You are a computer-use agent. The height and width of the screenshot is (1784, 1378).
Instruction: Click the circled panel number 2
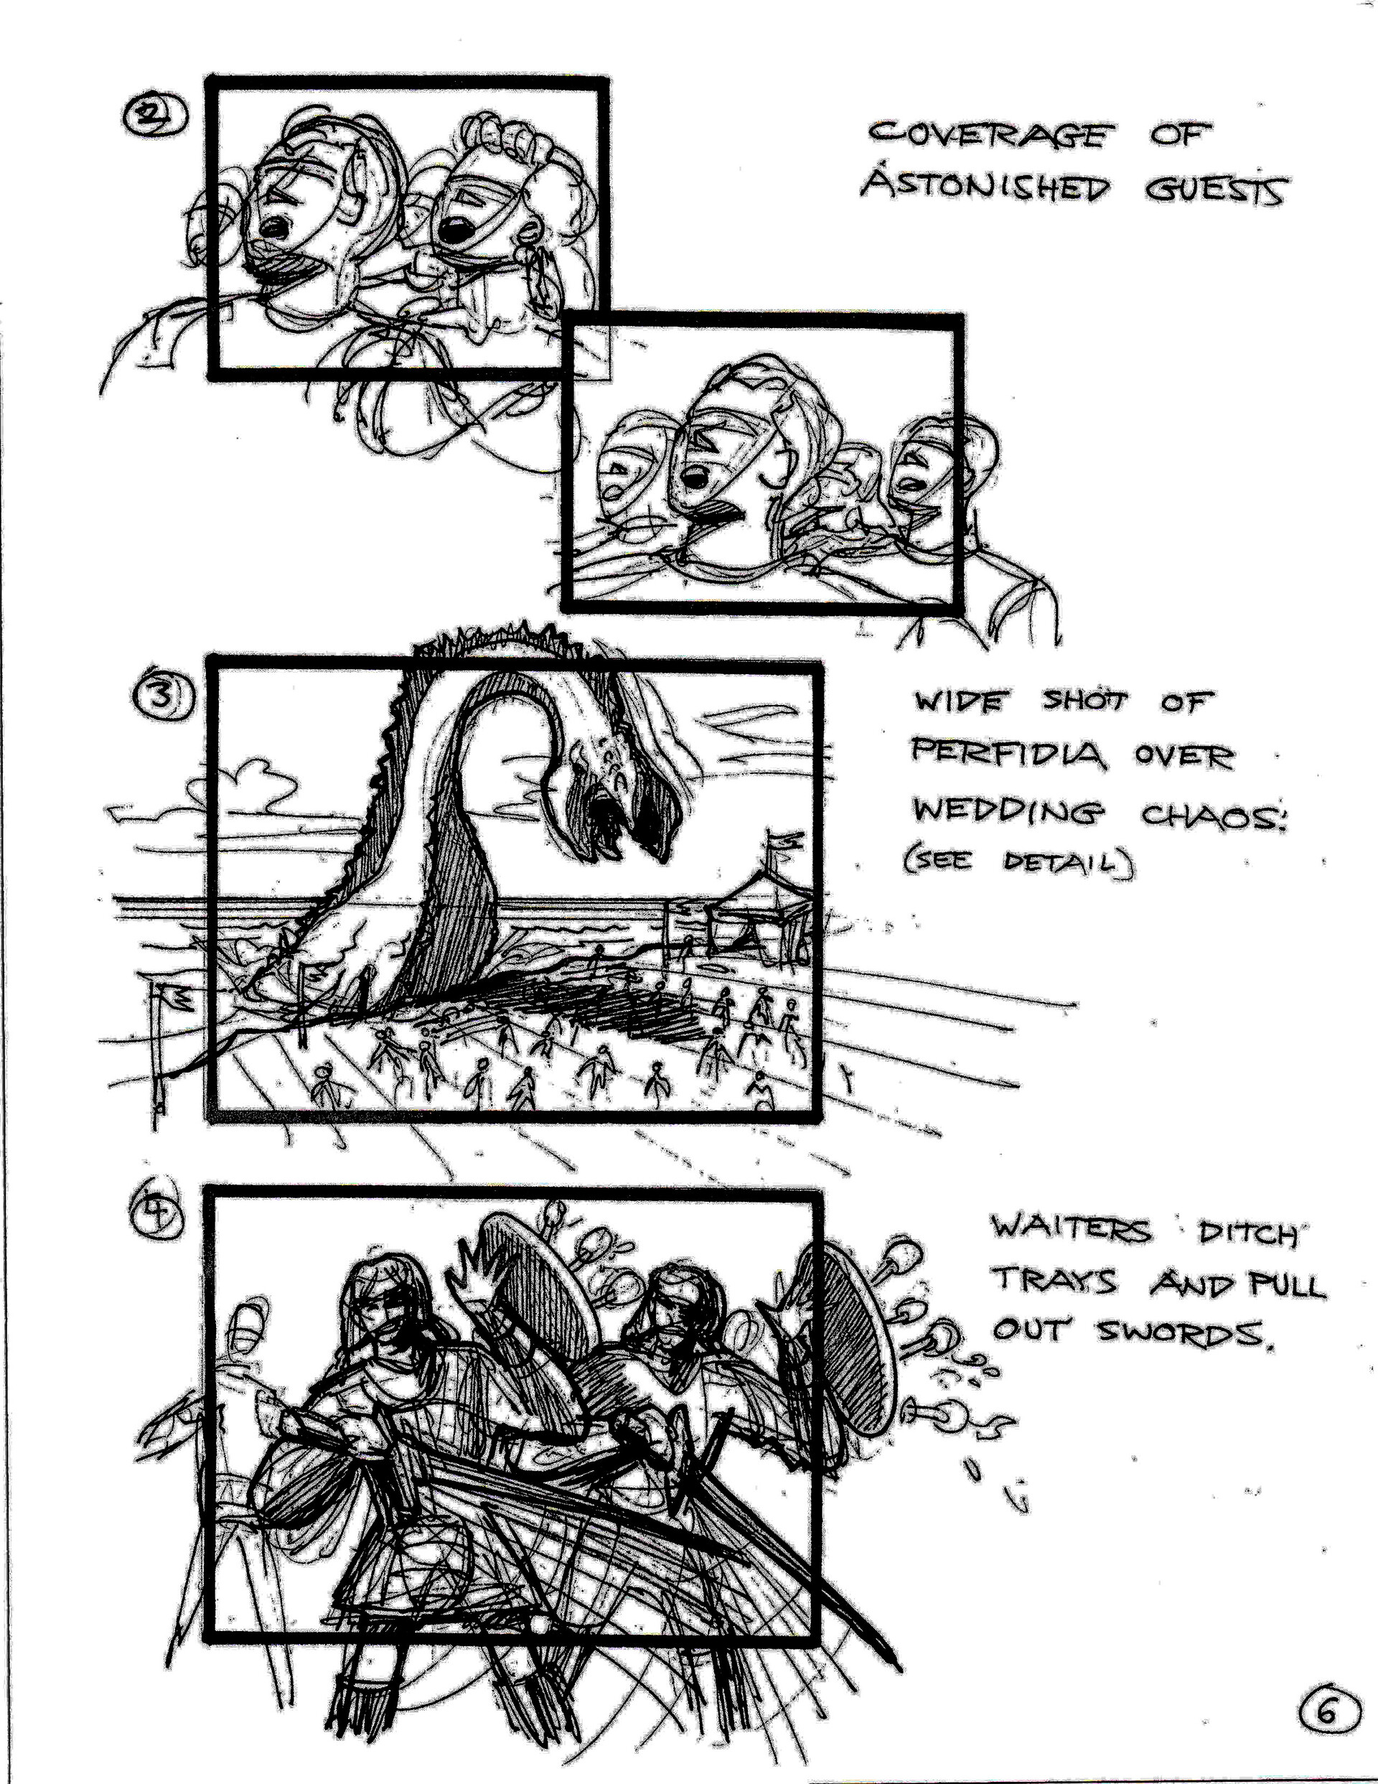point(154,117)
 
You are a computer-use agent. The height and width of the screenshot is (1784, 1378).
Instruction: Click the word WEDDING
point(1010,813)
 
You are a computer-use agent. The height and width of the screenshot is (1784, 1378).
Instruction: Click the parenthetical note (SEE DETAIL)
point(1018,864)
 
